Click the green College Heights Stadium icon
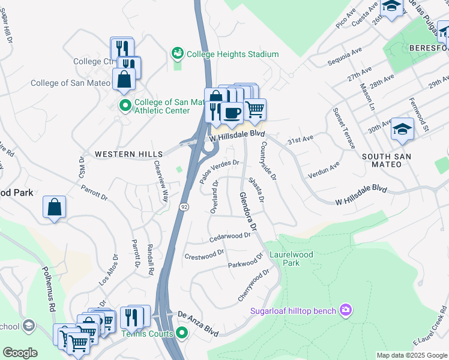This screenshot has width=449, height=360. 178,54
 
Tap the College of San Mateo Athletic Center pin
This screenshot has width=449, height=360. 125,106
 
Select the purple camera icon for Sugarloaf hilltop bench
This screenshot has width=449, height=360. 346,310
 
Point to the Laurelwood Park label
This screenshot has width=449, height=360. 291,259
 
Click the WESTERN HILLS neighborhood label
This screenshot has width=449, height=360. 123,154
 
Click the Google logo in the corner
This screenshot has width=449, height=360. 20,353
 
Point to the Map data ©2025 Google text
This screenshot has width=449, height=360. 411,355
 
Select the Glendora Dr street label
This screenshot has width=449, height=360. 248,212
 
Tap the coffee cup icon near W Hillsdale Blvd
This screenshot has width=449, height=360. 232,112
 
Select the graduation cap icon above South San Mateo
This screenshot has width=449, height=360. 402,128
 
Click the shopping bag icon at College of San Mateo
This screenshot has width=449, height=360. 124,79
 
